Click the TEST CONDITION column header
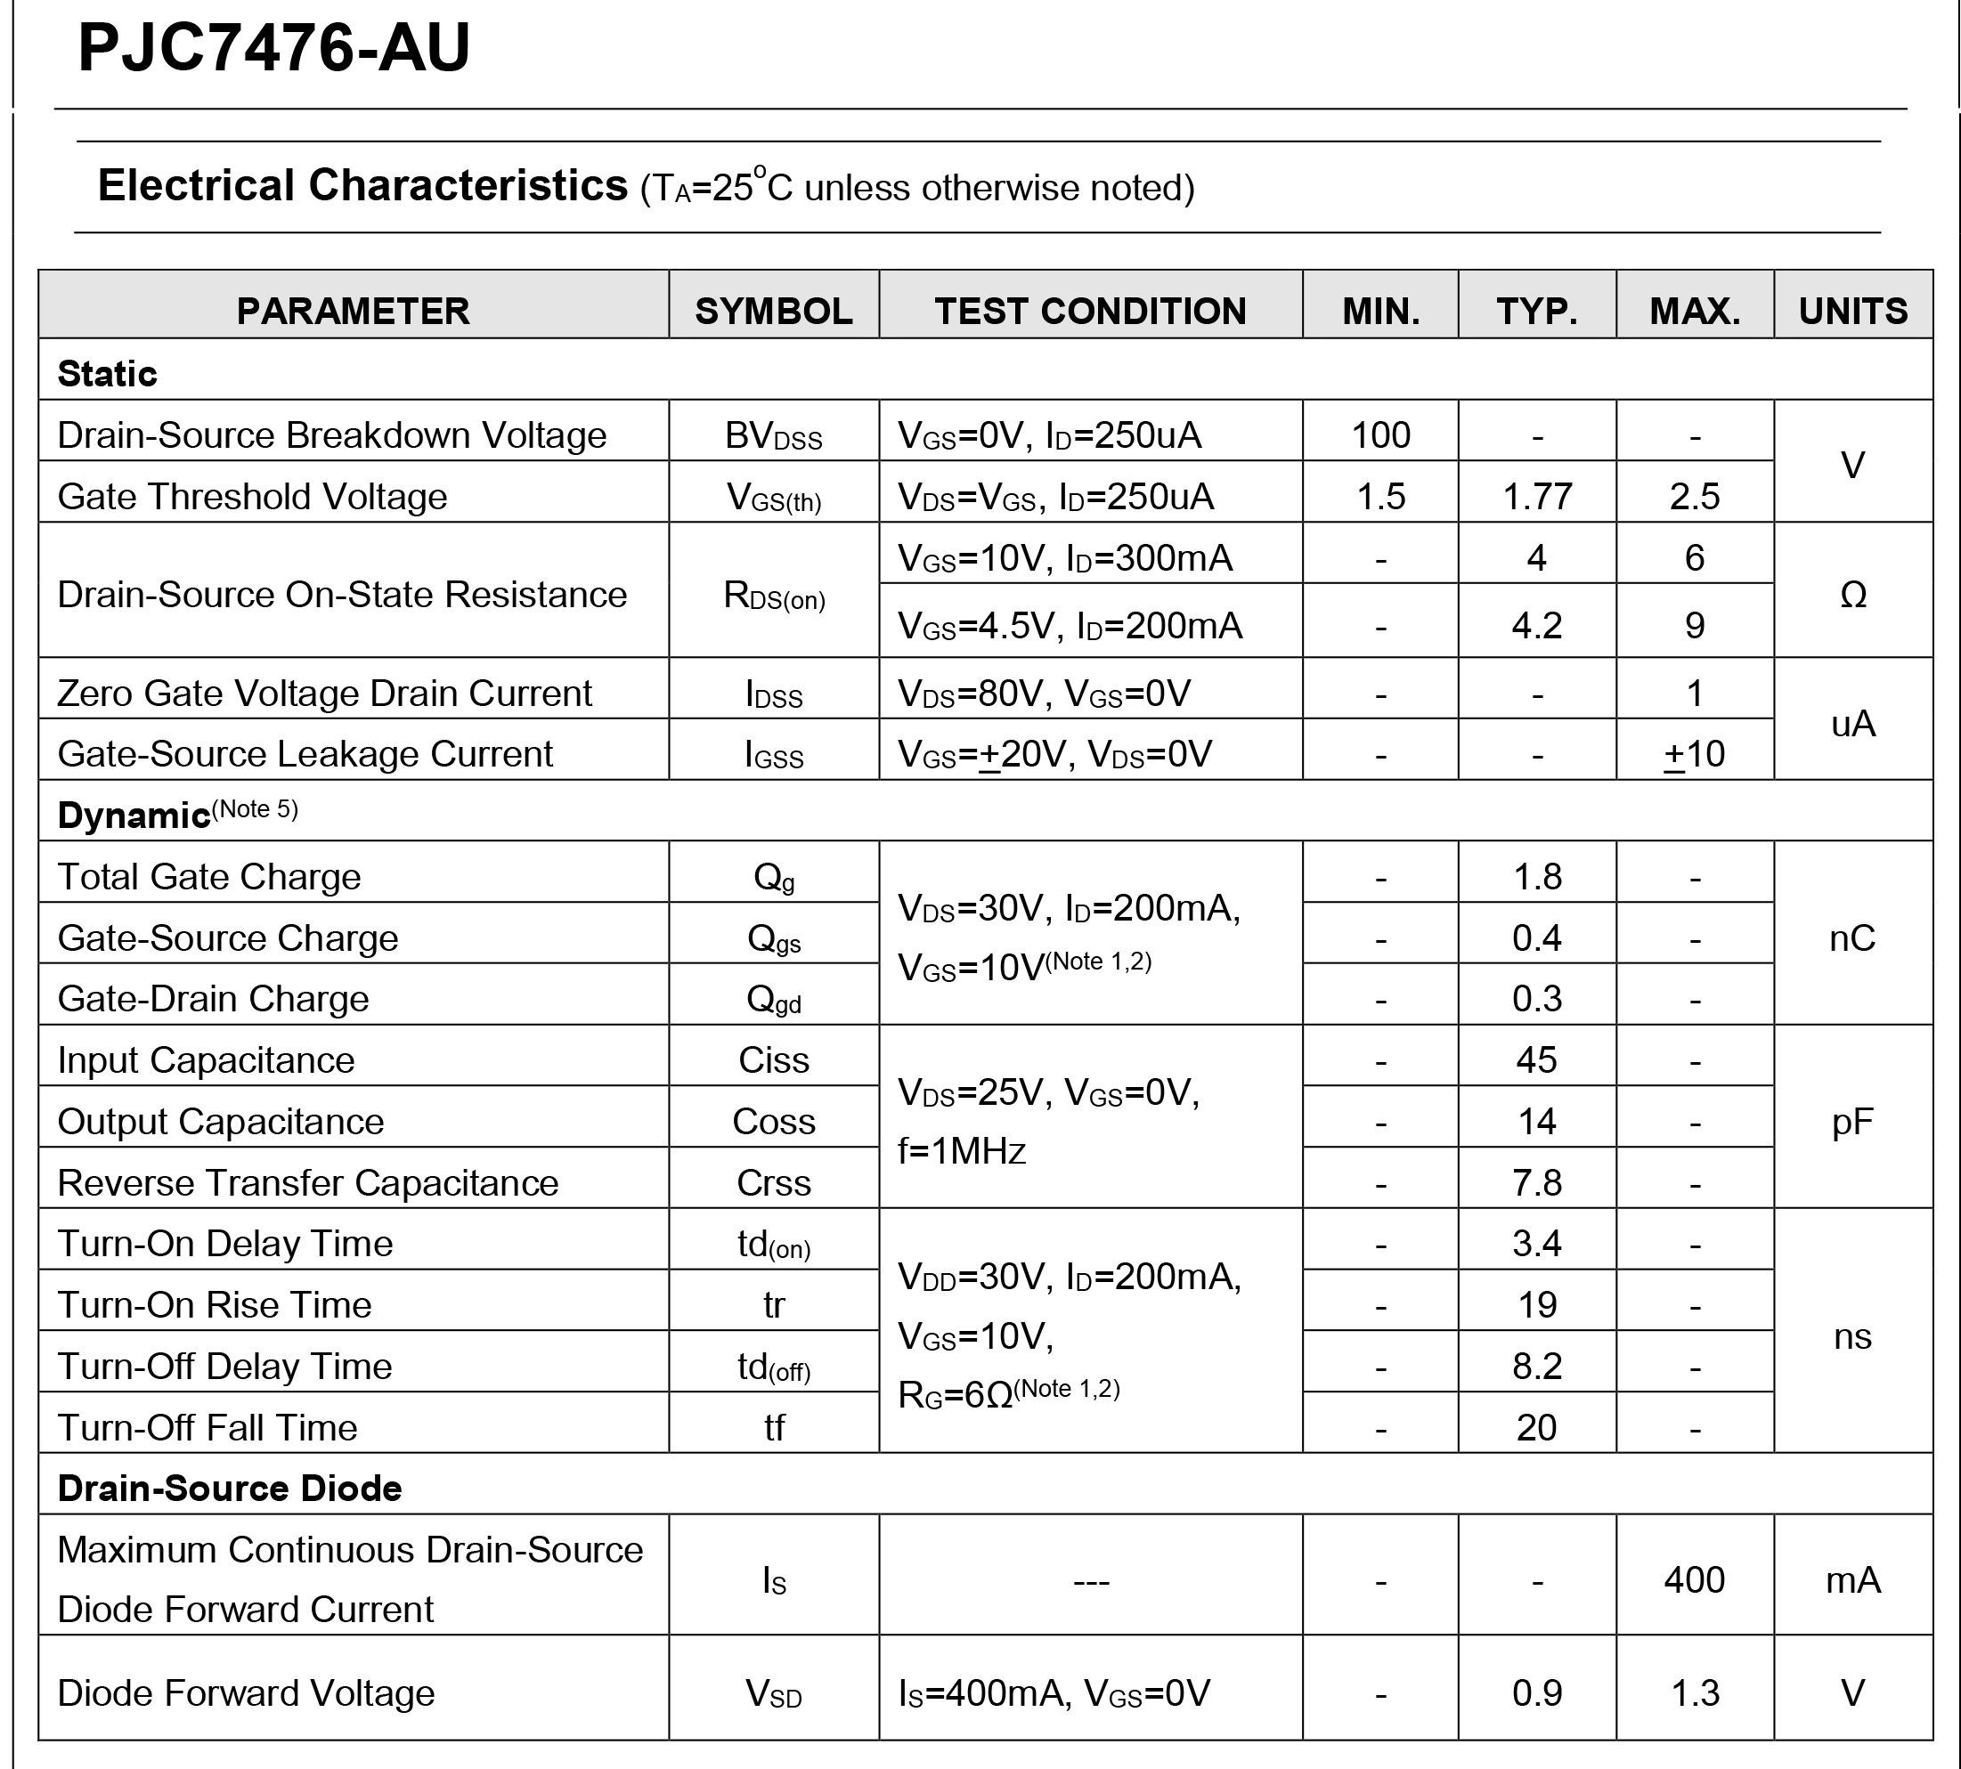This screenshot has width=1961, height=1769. coord(1090,311)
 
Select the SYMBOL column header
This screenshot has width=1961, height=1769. coord(773,311)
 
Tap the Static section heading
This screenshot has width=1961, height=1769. coord(107,373)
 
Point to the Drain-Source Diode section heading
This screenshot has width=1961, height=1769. coord(230,1488)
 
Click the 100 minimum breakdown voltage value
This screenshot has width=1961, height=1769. coord(1380,434)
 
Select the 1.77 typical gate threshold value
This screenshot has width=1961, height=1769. coord(1537,497)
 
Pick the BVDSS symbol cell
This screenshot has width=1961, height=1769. coord(773,436)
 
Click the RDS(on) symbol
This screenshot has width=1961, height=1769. coord(773,595)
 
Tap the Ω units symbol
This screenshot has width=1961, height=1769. coord(1853,595)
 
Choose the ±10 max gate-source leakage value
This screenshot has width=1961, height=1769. coord(1695,754)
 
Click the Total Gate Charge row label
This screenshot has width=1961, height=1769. coord(209,877)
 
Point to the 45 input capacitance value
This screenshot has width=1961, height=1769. coord(1537,1059)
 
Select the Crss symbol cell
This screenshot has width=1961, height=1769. coord(773,1183)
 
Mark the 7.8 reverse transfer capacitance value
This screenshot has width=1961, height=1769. coord(1537,1183)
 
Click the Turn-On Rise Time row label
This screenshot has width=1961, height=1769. coord(214,1304)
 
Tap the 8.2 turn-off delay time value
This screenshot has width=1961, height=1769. coord(1537,1366)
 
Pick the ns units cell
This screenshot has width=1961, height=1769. coord(1853,1336)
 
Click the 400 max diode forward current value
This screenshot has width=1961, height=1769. coord(1695,1579)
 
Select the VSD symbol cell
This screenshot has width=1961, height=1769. coord(773,1693)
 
